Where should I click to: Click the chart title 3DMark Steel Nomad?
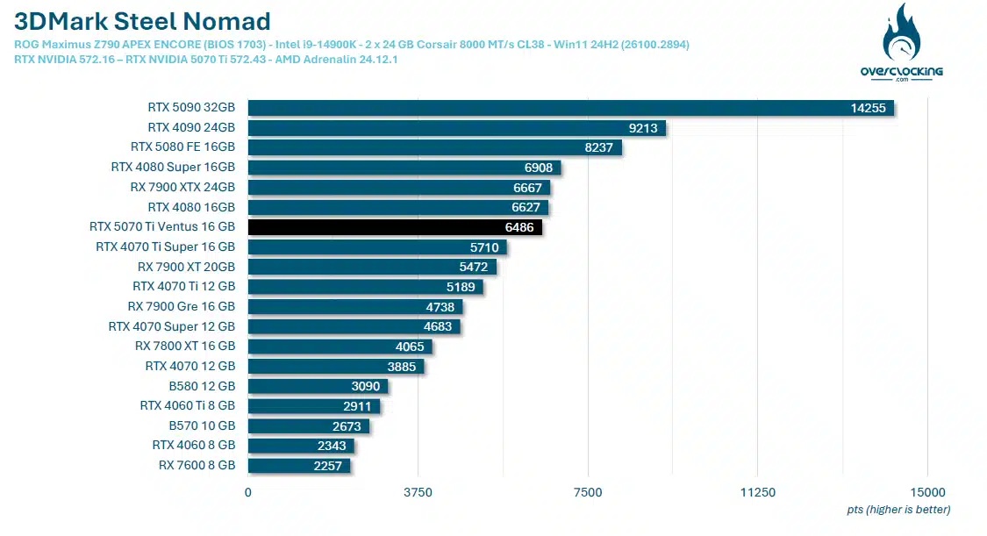click(142, 21)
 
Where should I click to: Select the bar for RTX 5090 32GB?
click(570, 108)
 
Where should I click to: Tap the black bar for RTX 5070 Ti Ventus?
click(395, 227)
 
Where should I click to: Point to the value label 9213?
click(643, 128)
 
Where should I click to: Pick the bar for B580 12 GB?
click(318, 386)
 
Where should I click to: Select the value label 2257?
click(327, 466)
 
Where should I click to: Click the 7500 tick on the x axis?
click(588, 492)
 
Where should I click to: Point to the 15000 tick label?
click(927, 492)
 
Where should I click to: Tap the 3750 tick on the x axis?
click(418, 492)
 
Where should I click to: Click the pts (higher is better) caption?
click(898, 510)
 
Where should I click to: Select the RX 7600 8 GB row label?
click(197, 466)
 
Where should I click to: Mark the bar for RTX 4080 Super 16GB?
click(404, 168)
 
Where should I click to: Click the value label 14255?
click(868, 108)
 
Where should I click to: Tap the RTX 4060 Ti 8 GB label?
click(187, 406)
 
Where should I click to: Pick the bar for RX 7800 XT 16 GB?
click(340, 347)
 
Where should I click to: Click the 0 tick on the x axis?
click(248, 492)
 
